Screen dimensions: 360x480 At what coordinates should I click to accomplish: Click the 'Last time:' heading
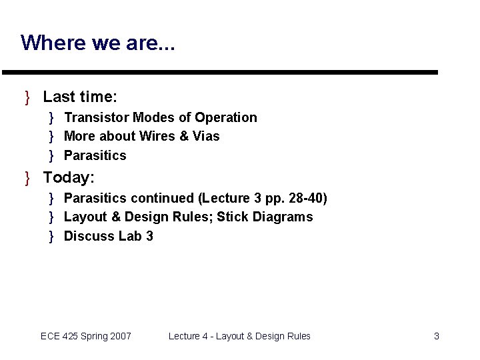click(x=80, y=97)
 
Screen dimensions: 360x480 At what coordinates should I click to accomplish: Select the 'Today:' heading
click(x=69, y=178)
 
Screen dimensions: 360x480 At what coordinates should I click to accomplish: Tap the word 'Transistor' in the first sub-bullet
click(x=96, y=117)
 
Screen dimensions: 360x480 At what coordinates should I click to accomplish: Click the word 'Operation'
click(x=226, y=117)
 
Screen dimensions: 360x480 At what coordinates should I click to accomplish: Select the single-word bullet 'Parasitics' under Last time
click(x=95, y=155)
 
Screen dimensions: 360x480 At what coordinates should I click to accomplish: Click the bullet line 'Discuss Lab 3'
click(x=108, y=236)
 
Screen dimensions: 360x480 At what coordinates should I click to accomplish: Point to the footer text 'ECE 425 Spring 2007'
click(x=86, y=336)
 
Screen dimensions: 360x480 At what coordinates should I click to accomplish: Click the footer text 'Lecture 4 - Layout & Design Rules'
click(x=239, y=336)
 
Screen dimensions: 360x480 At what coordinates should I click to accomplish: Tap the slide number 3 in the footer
click(x=437, y=336)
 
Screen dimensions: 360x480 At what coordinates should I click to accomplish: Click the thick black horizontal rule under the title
click(x=220, y=72)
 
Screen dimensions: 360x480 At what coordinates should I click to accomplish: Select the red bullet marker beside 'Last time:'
click(x=27, y=98)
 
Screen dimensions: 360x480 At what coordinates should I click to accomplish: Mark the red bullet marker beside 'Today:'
click(x=27, y=179)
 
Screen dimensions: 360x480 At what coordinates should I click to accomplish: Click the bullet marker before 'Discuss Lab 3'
click(x=51, y=237)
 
